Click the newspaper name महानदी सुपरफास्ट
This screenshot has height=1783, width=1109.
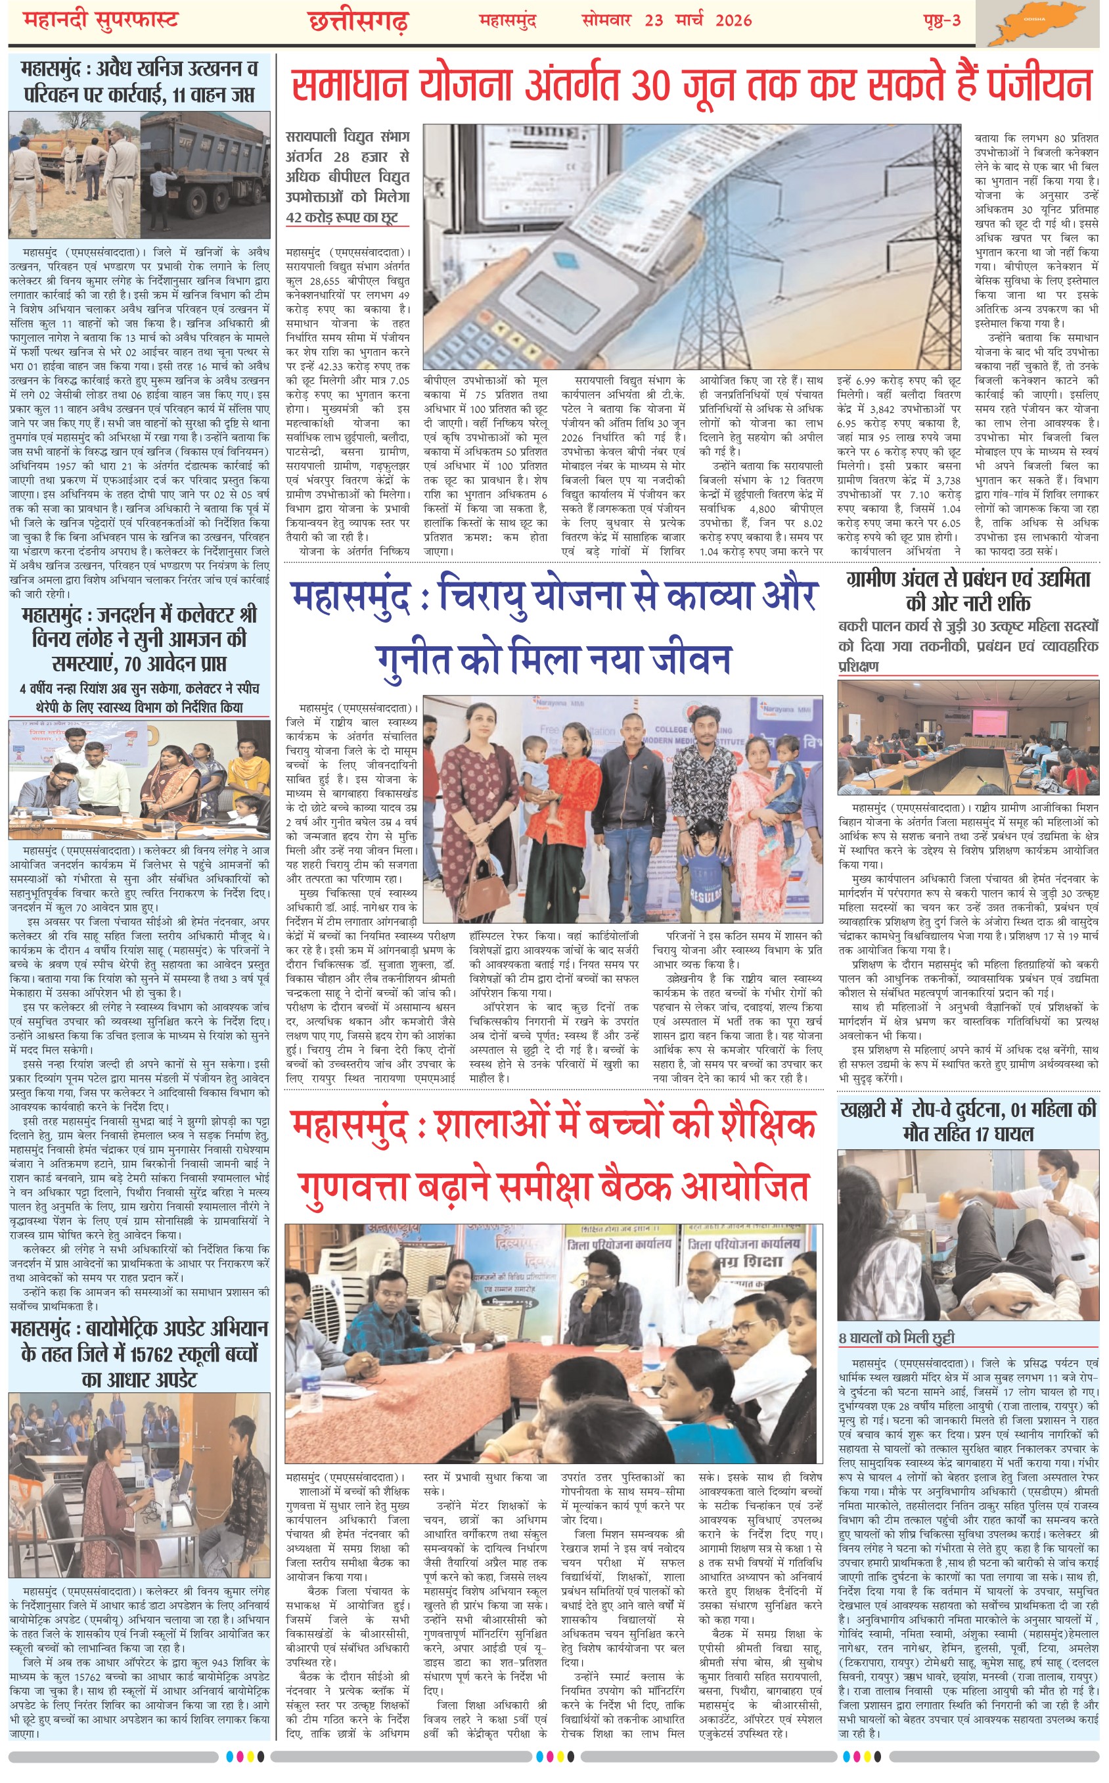(x=101, y=20)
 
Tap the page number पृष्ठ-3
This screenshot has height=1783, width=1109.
(x=941, y=20)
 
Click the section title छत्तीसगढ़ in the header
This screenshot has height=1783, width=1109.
(x=358, y=22)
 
